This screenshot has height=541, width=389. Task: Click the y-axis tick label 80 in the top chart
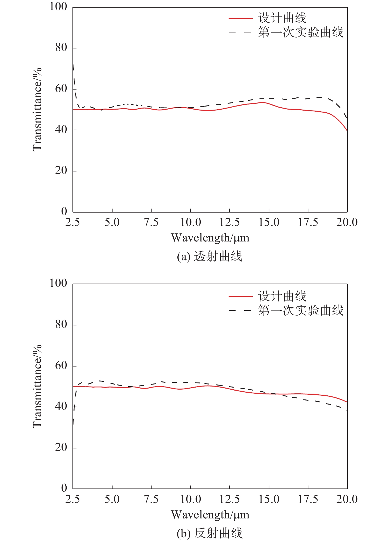(x=61, y=47)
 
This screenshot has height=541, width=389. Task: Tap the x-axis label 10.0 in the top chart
(x=190, y=222)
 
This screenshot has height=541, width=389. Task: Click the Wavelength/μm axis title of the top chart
(x=210, y=238)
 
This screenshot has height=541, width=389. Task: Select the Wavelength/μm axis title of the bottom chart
(x=210, y=515)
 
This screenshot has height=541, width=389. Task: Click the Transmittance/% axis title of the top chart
(x=37, y=109)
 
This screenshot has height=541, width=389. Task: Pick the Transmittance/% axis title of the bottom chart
(x=37, y=386)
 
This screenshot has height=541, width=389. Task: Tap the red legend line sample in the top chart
(x=240, y=19)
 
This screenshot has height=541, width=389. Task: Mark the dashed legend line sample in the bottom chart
(x=240, y=310)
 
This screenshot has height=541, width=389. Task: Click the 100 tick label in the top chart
(x=58, y=7)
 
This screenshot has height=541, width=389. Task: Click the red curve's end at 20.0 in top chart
(x=347, y=130)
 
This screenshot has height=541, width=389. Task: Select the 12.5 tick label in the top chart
(x=229, y=222)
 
